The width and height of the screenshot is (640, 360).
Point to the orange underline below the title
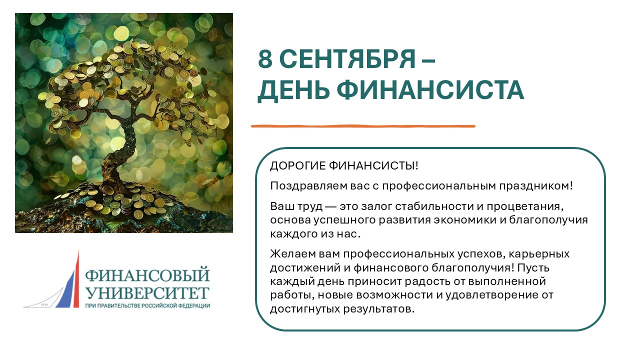tap(363, 126)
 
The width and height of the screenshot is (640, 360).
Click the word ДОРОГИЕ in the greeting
tap(297, 165)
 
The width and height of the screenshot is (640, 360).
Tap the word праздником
tap(536, 186)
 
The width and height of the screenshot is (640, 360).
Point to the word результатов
tap(379, 309)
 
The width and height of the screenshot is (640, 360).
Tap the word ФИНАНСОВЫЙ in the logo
tap(147, 275)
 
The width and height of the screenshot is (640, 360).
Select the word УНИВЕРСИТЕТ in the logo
tap(147, 293)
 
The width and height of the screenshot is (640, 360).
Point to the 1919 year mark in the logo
tap(44, 305)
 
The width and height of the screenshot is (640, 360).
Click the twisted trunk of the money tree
tap(120, 154)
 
